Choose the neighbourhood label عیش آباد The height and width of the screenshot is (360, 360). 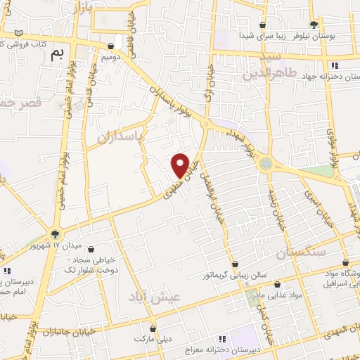pos(155,296)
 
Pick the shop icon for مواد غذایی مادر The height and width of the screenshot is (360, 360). pos(278,285)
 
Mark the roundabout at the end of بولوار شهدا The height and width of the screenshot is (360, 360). pos(265,165)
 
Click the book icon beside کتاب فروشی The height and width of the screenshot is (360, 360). pos(18,33)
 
